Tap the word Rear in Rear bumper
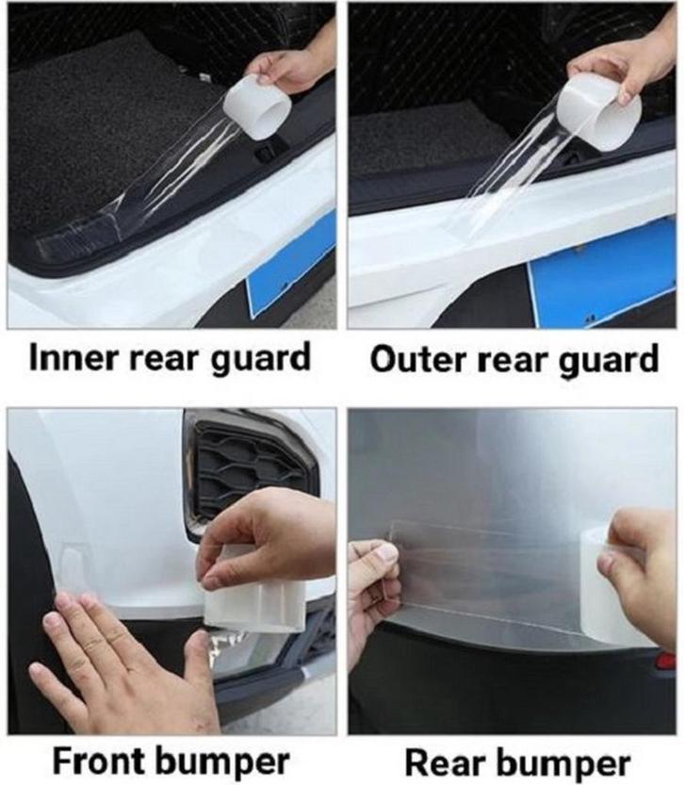click(441, 764)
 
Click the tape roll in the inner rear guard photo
click(256, 108)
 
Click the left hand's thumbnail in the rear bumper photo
click(385, 552)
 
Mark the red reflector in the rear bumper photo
click(666, 661)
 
